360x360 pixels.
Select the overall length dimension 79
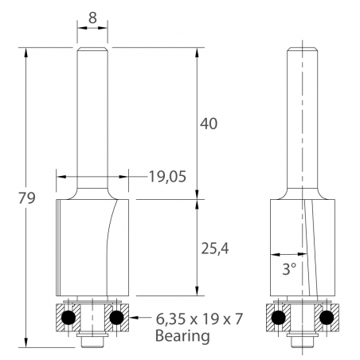click(25, 198)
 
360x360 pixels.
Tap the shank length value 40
click(208, 123)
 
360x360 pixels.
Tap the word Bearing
click(182, 336)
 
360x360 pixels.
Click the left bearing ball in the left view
click(69, 317)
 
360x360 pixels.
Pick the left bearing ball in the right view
click(280, 317)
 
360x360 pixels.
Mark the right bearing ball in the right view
click(327, 317)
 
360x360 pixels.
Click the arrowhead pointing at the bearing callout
click(131, 318)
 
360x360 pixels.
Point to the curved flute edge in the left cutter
click(107, 239)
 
